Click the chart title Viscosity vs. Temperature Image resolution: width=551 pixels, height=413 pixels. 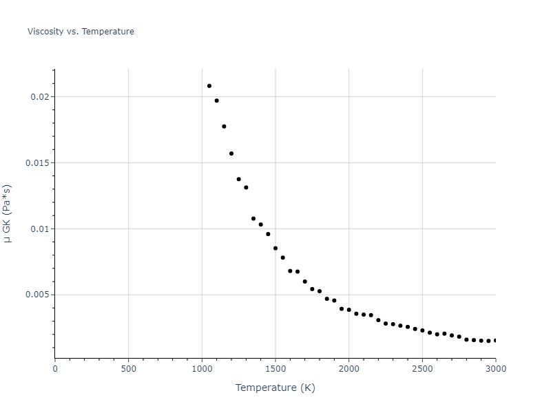point(81,32)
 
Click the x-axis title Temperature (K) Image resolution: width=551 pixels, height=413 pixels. point(275,388)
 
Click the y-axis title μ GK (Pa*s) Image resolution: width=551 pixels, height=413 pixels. point(8,213)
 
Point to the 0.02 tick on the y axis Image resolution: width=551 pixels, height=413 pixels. point(40,97)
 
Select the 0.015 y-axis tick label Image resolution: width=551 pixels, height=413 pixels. point(37,163)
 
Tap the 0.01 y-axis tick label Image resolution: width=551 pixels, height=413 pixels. point(40,229)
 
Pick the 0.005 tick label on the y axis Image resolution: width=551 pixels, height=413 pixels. point(37,295)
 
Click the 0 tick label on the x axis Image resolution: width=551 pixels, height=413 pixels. point(55,368)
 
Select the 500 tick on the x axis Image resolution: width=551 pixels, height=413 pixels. point(128,368)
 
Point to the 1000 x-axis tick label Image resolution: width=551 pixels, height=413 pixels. point(202,368)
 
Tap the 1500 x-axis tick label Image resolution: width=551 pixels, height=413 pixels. point(275,368)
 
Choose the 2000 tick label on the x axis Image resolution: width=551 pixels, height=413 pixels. point(349,368)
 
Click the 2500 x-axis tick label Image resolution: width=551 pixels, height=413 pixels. point(422,368)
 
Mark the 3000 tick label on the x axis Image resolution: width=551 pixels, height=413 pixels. point(495,368)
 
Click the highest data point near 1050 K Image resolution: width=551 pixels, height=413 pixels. point(209,86)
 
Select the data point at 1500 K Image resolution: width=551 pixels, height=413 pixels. point(275,248)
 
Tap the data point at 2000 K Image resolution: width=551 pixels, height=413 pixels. point(349,310)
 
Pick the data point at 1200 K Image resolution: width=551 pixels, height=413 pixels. point(231,153)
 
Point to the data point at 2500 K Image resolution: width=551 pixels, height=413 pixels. point(422,330)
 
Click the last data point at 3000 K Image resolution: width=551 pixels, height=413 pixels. point(495,341)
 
